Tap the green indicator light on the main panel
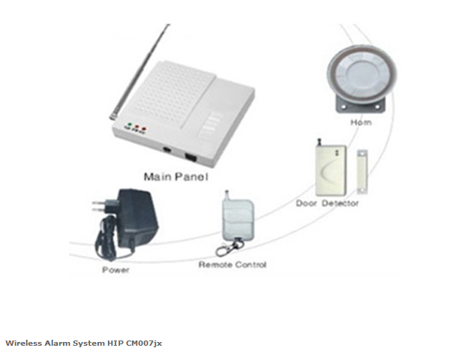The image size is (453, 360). tap(129, 125)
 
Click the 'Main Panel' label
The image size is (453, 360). tap(175, 178)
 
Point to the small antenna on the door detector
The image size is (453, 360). tap(316, 140)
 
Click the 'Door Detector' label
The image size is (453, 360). tap(328, 202)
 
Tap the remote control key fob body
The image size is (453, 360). tap(233, 217)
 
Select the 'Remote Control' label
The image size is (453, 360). tap(232, 265)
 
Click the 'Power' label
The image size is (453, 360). tap(115, 269)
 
